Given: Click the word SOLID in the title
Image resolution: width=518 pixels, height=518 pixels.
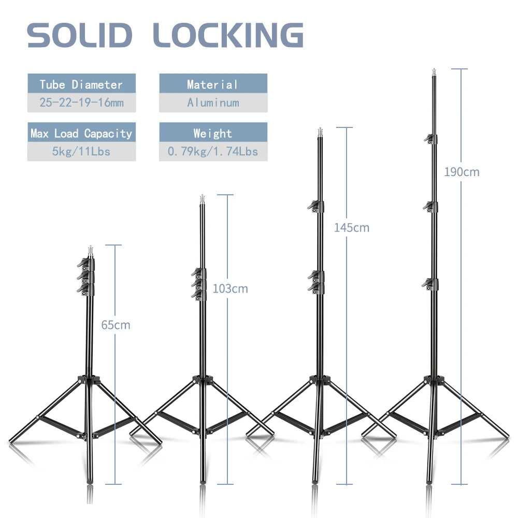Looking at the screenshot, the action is (x=80, y=35).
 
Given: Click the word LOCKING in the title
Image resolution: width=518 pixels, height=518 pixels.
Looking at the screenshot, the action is (x=228, y=35).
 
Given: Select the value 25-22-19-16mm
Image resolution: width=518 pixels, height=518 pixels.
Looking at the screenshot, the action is (x=82, y=103).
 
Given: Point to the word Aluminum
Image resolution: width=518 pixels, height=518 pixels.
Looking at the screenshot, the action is (x=213, y=103).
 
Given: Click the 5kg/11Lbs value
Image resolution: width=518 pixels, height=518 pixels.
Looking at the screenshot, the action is (x=81, y=152).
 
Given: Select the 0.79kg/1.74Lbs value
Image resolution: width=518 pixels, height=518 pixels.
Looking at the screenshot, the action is (x=213, y=152).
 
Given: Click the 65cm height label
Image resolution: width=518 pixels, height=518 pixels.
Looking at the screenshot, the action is (x=116, y=325).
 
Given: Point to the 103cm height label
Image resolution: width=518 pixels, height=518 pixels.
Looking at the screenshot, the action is (x=231, y=289).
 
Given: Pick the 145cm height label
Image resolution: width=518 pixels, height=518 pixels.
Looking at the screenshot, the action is (x=352, y=227).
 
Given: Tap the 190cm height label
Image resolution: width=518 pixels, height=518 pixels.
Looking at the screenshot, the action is (x=462, y=172).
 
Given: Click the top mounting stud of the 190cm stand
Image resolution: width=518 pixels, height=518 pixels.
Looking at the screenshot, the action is (x=434, y=73).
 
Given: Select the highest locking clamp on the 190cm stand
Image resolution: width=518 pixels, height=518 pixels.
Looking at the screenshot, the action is (x=431, y=139).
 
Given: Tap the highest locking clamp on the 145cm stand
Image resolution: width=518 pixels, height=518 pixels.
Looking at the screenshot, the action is (x=316, y=207).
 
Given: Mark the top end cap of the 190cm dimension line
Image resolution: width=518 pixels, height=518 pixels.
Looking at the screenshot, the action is (x=459, y=69).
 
